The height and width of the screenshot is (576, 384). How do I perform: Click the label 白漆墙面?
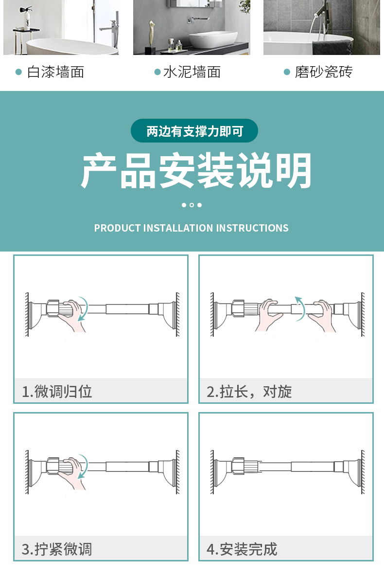(x=55, y=72)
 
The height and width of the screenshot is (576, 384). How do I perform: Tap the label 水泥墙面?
(x=192, y=72)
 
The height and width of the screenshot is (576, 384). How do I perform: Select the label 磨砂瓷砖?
(x=323, y=72)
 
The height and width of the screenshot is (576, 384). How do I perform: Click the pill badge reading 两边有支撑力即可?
(x=194, y=131)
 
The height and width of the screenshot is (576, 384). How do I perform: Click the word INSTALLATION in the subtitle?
(x=178, y=228)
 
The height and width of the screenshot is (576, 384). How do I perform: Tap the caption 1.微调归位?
(x=57, y=391)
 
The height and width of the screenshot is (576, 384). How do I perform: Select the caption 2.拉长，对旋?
(x=249, y=391)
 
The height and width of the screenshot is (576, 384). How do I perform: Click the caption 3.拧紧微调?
(x=57, y=549)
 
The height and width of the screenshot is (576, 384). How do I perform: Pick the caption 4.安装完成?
(x=242, y=549)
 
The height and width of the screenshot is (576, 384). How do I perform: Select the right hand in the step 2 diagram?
(x=322, y=315)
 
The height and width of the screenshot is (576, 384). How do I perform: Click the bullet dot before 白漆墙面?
(x=18, y=72)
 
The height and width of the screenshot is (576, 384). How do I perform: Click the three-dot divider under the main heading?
(x=192, y=205)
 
